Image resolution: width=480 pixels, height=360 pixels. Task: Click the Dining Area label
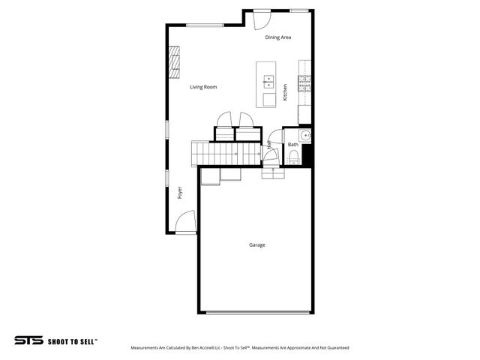tap(278, 37)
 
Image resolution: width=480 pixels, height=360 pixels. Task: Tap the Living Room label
tap(202, 87)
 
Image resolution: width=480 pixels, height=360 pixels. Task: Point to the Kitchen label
tap(285, 92)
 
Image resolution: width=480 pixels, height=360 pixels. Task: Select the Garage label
tap(257, 244)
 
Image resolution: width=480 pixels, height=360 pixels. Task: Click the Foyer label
tap(180, 193)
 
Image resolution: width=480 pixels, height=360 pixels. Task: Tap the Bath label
tap(292, 144)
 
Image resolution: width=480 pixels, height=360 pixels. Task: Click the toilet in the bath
tap(294, 156)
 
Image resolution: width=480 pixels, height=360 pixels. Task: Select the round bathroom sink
tap(306, 135)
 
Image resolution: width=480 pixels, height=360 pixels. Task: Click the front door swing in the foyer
tap(185, 223)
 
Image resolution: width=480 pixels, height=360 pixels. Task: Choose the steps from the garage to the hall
tap(271, 172)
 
